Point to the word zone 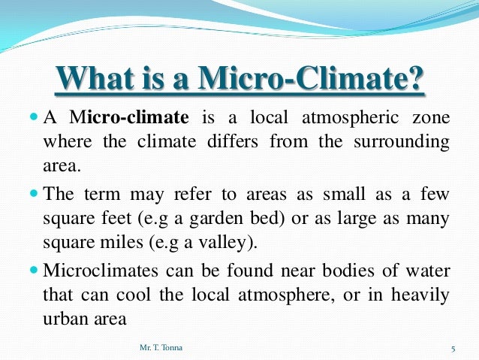click(x=430, y=119)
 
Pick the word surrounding click(x=398, y=141)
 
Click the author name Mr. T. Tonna click(x=155, y=347)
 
